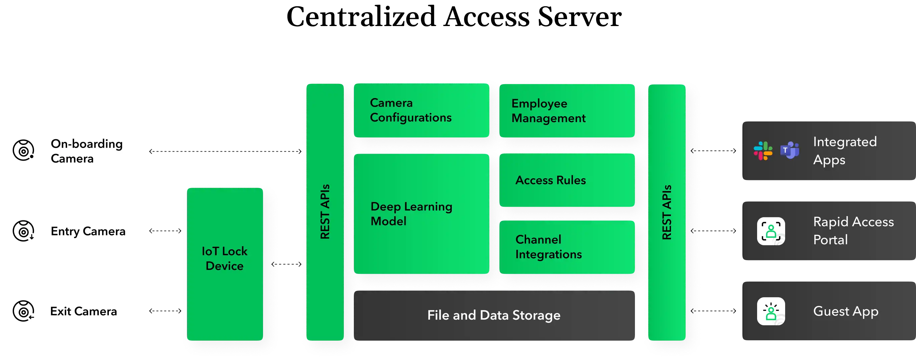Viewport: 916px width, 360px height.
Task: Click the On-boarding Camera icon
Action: [23, 151]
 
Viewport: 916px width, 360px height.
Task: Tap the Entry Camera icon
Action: [23, 231]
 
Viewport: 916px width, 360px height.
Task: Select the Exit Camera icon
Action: [23, 311]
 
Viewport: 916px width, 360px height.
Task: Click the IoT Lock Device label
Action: [224, 258]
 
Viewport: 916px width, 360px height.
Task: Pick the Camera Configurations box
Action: [421, 110]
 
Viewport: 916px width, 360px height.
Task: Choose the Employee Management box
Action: [567, 111]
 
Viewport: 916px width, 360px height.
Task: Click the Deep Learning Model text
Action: [411, 214]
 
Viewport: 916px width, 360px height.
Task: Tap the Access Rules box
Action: [567, 180]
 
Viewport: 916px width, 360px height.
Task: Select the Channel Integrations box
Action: [567, 247]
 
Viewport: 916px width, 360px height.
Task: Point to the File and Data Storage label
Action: [494, 315]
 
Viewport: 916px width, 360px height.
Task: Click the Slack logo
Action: [763, 151]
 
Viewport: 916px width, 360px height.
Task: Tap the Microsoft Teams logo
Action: [790, 151]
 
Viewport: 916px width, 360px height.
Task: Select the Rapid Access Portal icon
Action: [771, 231]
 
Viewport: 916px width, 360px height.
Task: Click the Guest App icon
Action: [771, 311]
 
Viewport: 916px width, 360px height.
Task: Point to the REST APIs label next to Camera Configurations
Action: [325, 212]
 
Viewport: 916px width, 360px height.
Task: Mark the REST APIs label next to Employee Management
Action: [667, 212]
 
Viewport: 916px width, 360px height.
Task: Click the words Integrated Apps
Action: [845, 151]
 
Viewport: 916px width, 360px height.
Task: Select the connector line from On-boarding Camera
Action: [224, 151]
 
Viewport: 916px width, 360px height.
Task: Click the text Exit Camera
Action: [83, 312]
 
